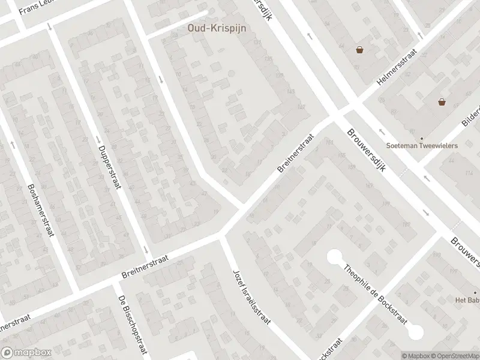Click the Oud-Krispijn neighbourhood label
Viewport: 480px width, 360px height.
[218, 28]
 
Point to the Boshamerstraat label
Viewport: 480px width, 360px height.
[40, 209]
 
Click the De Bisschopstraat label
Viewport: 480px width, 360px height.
[133, 327]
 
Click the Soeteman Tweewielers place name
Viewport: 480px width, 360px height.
[422, 146]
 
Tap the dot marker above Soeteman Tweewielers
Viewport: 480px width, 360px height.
[422, 137]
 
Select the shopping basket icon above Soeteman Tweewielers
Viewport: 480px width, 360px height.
[442, 102]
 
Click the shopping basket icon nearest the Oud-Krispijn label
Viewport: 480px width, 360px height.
[359, 50]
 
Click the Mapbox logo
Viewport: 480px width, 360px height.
[26, 353]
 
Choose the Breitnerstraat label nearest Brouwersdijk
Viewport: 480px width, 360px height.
[296, 154]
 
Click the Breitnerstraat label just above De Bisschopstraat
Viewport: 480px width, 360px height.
[145, 265]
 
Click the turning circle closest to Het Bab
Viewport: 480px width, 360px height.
[415, 331]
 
